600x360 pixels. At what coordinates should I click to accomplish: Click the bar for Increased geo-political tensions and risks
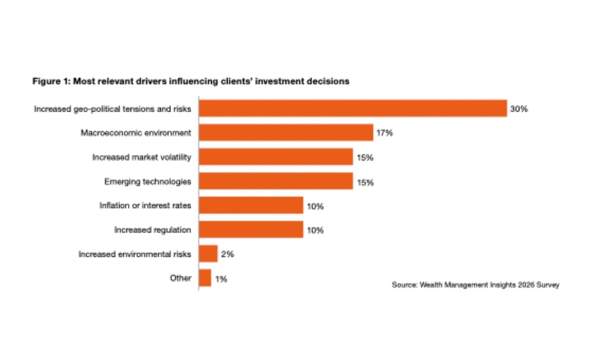click(353, 109)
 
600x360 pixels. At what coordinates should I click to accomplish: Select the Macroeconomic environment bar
click(286, 132)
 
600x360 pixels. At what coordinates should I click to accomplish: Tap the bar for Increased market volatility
click(276, 157)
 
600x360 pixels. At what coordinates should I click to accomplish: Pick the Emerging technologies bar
click(276, 181)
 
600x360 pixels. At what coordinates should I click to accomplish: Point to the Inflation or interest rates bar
click(251, 206)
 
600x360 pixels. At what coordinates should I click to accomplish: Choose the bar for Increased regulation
click(251, 229)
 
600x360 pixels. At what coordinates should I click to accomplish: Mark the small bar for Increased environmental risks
click(208, 254)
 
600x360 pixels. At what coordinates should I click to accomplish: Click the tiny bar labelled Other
click(205, 278)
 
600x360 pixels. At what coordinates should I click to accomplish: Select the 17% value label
click(384, 133)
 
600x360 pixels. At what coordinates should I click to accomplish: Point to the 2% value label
click(226, 254)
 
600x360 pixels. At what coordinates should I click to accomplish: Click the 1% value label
click(221, 279)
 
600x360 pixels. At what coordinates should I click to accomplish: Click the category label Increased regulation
click(153, 230)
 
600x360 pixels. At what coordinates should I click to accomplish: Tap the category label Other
click(181, 278)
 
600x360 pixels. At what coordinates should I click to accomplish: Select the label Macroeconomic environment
click(136, 132)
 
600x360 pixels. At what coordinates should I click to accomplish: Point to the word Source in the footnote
click(405, 284)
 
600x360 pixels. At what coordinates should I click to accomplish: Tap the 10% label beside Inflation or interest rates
click(315, 206)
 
